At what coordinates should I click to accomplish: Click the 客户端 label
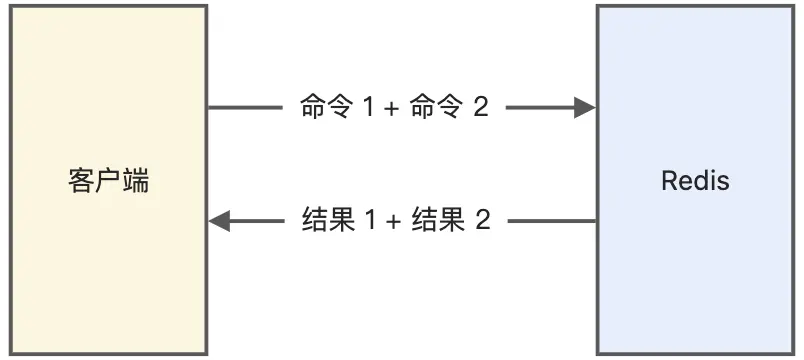pos(108,181)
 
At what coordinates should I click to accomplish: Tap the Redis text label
pos(695,181)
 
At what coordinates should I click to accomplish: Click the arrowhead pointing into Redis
pos(586,108)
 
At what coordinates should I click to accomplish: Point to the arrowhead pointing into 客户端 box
pos(220,221)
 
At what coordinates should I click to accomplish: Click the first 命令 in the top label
pos(326,108)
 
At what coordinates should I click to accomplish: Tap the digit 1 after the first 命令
pos(367,108)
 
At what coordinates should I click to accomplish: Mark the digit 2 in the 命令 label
pos(480,108)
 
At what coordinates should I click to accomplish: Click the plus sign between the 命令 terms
pos(390,109)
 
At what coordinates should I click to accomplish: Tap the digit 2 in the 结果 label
pos(482,221)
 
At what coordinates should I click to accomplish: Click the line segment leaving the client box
pos(245,108)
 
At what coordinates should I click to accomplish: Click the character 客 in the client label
pos(81,181)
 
